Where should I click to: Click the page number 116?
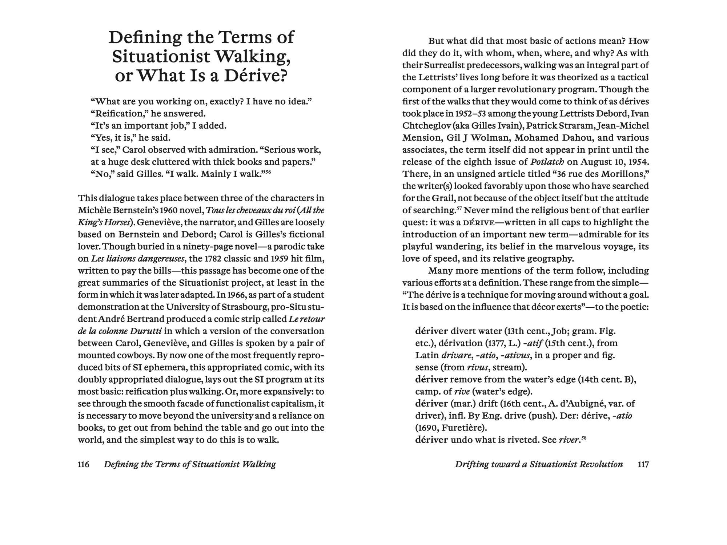[83, 464]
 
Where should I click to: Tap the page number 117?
[643, 464]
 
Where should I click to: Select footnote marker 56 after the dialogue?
[268, 171]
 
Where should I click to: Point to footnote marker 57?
[459, 208]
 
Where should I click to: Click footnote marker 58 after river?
[584, 437]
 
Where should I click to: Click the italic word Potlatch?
[547, 162]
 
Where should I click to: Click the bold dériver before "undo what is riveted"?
[431, 440]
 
